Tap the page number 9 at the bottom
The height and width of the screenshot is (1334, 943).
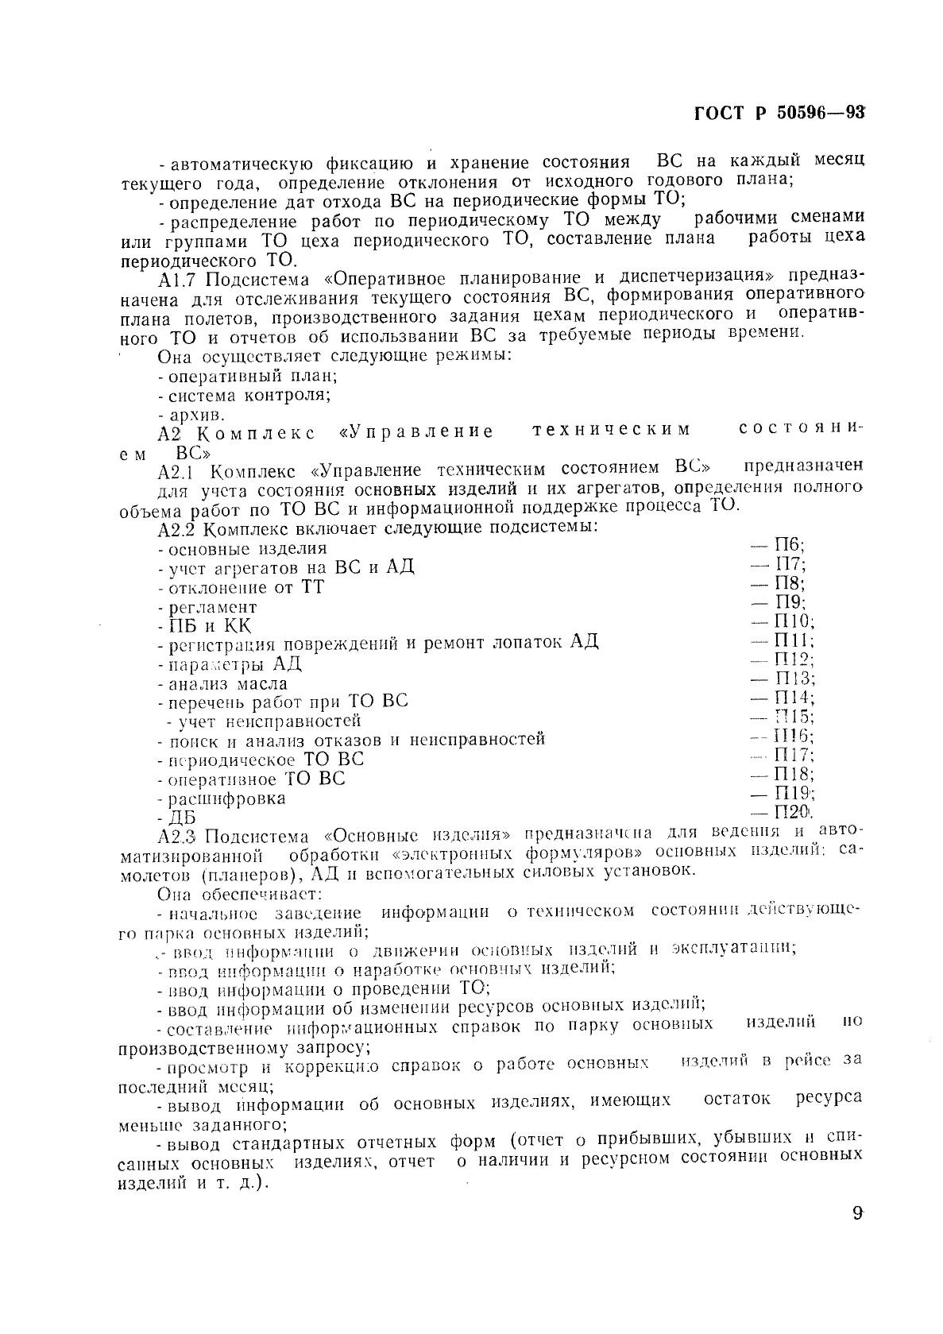tap(857, 1237)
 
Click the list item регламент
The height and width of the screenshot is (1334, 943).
tap(213, 608)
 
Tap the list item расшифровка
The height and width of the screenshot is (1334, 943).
tap(226, 798)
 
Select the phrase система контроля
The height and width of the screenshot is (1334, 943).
tap(249, 395)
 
